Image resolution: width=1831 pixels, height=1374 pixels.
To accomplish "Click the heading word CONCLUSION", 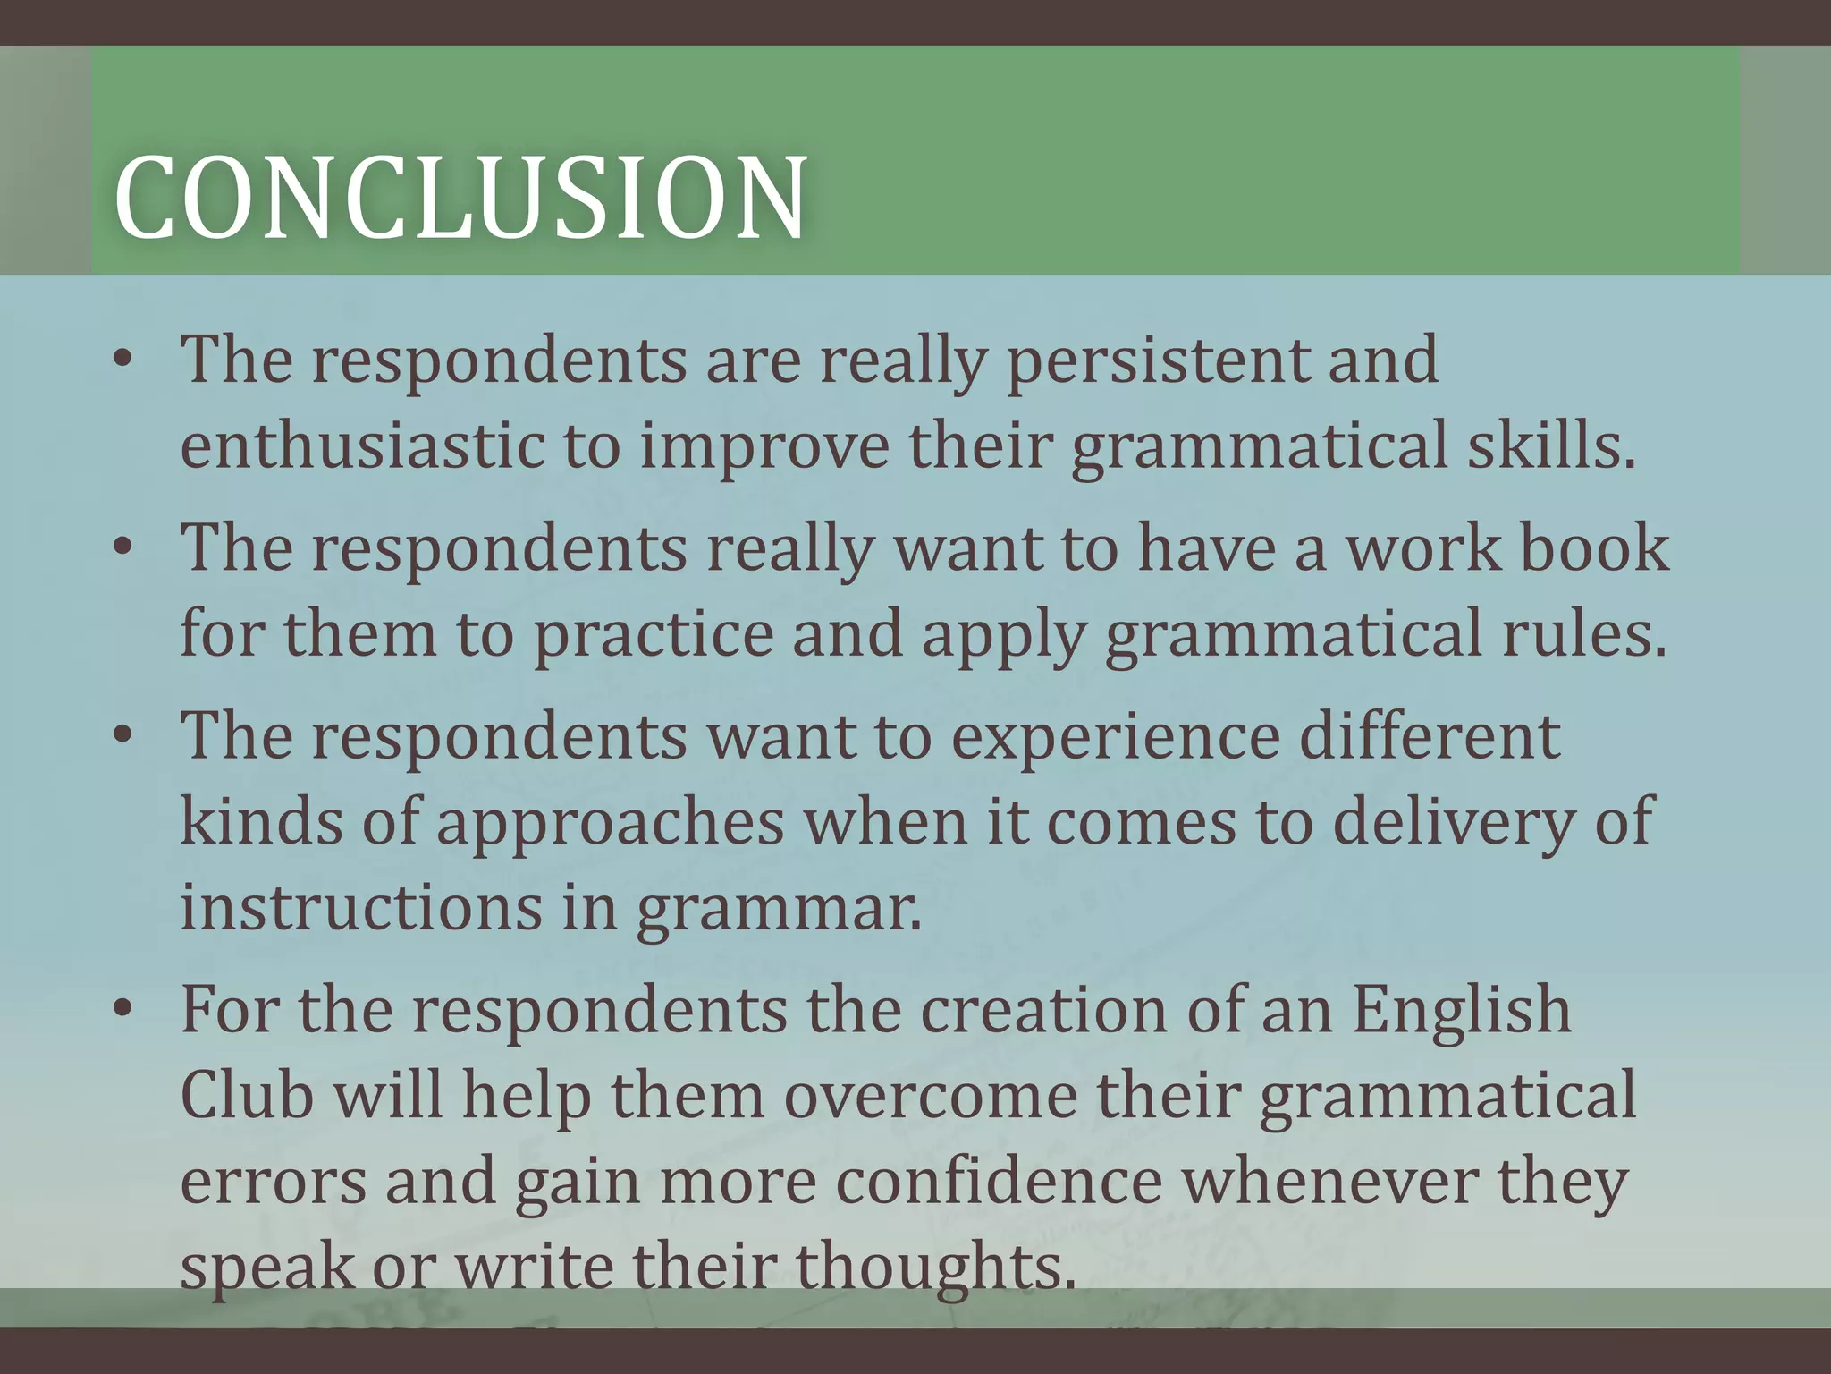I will tap(460, 198).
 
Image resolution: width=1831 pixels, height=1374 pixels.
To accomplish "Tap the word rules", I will tap(1585, 633).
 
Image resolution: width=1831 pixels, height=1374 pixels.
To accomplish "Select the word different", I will tap(1430, 736).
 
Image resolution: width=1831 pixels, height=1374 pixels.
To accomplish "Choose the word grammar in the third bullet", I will tap(778, 908).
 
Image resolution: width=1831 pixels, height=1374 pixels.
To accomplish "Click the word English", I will tap(1461, 1009).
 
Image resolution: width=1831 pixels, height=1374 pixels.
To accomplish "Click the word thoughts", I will tap(935, 1266).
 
